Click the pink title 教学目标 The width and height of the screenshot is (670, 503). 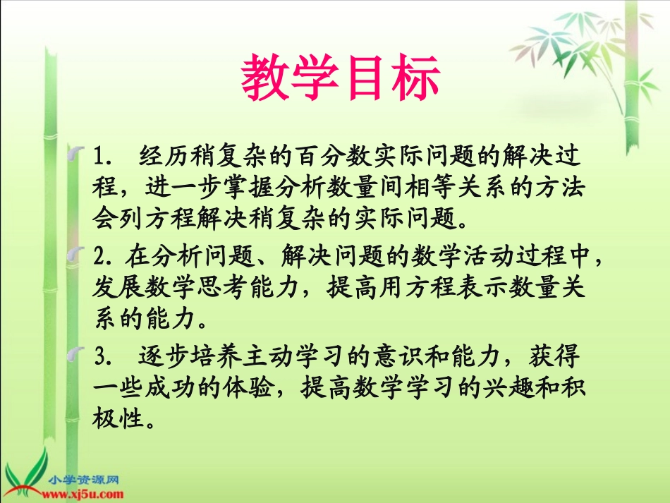point(341,78)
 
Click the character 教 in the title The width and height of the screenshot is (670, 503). point(265,78)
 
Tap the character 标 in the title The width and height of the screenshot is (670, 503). point(417,78)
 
